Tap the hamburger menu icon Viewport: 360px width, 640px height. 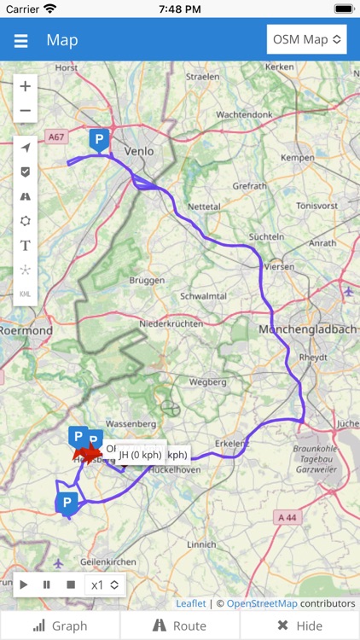click(20, 41)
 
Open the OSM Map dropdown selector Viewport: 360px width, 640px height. click(306, 39)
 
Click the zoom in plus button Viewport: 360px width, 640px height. click(26, 86)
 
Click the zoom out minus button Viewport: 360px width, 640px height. click(26, 111)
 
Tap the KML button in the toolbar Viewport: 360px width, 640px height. click(26, 294)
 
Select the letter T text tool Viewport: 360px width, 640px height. click(26, 245)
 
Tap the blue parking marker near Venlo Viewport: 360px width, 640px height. click(99, 139)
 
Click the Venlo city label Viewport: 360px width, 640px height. click(139, 151)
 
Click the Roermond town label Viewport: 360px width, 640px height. click(26, 330)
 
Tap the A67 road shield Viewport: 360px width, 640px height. click(56, 137)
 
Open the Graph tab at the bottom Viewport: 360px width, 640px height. click(60, 625)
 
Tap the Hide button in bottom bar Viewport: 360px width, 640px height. click(299, 625)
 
